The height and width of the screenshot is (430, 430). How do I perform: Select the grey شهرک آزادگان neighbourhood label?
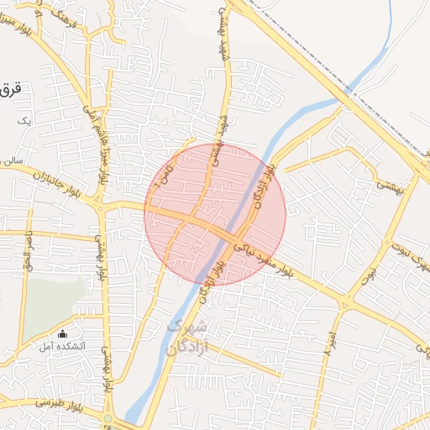click(186, 336)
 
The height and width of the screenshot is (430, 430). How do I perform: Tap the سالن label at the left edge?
click(10, 159)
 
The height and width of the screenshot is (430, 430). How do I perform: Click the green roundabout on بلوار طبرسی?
click(107, 417)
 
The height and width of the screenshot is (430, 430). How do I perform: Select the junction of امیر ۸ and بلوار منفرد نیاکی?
click(345, 302)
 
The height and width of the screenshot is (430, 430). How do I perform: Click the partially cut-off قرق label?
click(10, 88)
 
